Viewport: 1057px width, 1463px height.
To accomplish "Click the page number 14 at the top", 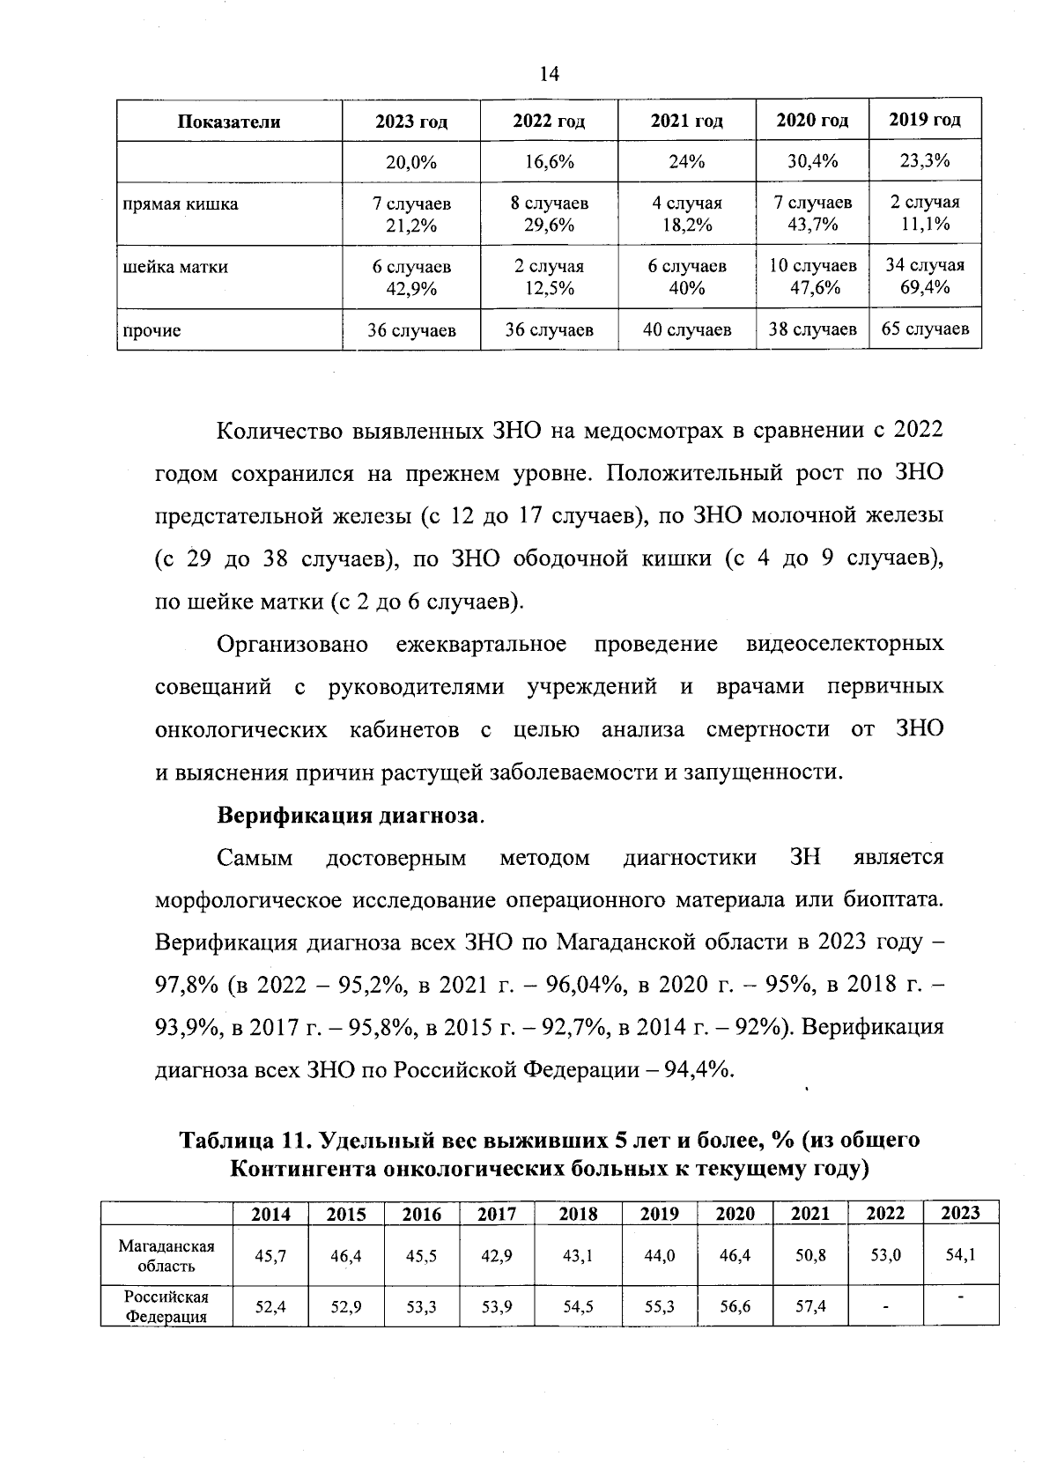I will pyautogui.click(x=549, y=74).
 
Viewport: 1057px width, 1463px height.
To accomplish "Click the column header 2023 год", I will pyautogui.click(x=411, y=122).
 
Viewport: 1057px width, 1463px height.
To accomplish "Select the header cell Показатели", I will pyautogui.click(x=229, y=122).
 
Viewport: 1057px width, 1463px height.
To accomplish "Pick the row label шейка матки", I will pyautogui.click(x=175, y=267).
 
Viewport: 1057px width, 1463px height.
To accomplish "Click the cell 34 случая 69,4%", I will pyautogui.click(x=924, y=276).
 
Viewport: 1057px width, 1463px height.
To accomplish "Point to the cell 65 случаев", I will pyautogui.click(x=924, y=329).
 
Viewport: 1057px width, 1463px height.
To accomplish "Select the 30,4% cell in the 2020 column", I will pyautogui.click(x=811, y=162).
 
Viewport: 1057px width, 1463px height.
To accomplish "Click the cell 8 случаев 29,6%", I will pyautogui.click(x=549, y=214).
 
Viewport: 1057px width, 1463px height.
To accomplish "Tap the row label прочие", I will pyautogui.click(x=152, y=331).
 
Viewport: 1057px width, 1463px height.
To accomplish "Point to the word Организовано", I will pyautogui.click(x=292, y=644).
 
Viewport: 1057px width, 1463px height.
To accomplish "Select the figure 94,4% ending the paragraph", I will pyautogui.click(x=700, y=1070).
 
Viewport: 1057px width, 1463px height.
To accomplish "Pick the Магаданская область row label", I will pyautogui.click(x=166, y=1256).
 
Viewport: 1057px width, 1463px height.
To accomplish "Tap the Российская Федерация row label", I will pyautogui.click(x=166, y=1307).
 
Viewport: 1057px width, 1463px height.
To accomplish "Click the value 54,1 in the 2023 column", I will pyautogui.click(x=960, y=1255).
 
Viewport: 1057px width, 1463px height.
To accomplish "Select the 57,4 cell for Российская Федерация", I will pyautogui.click(x=809, y=1307).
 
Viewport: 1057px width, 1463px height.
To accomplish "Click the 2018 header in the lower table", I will pyautogui.click(x=578, y=1214).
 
